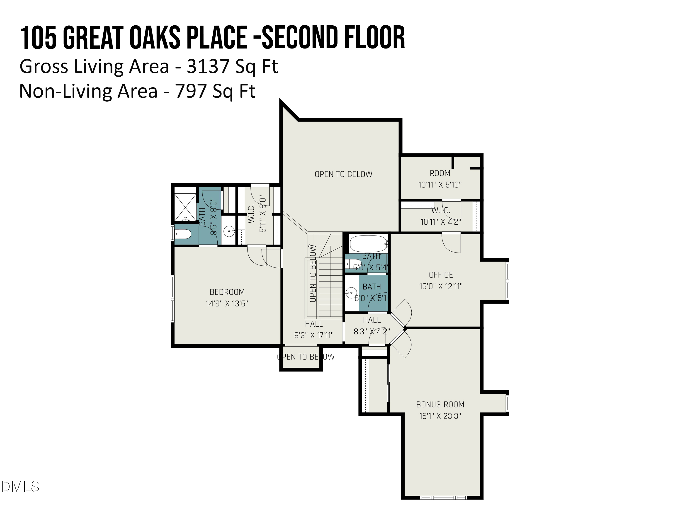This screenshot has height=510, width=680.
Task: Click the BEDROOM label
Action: click(227, 292)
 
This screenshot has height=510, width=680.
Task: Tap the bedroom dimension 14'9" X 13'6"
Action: click(227, 304)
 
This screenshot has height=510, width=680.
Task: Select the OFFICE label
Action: click(441, 275)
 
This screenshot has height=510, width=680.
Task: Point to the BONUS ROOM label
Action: click(440, 405)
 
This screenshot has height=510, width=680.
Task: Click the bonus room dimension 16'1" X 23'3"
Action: click(440, 416)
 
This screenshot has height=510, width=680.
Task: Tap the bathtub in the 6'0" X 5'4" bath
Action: click(368, 244)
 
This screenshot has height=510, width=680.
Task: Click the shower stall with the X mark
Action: click(185, 204)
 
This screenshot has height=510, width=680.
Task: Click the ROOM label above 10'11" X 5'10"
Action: click(440, 173)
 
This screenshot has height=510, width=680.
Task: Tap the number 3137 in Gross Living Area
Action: click(208, 66)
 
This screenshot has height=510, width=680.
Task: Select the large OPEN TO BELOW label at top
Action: click(343, 174)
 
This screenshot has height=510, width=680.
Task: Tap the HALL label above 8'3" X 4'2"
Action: click(372, 320)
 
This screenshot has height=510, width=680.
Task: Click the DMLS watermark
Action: click(20, 487)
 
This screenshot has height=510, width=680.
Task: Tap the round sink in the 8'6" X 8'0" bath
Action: click(229, 231)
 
